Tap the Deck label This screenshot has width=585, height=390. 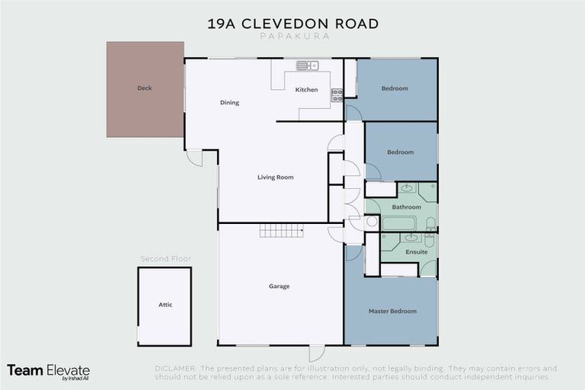[145, 88]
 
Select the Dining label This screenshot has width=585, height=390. [229, 103]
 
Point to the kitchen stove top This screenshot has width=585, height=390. [336, 95]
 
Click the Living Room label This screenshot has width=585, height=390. [275, 177]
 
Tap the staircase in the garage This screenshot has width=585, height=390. [281, 231]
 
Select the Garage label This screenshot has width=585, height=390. [279, 286]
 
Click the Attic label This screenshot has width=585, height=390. [165, 305]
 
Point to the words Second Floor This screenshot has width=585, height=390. [165, 259]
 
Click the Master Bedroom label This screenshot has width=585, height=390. [392, 311]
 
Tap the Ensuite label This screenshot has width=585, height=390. [416, 251]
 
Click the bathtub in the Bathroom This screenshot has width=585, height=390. [398, 223]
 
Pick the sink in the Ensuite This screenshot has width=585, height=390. [411, 238]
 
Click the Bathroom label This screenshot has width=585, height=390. [406, 207]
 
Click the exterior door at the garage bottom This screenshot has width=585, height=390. [316, 353]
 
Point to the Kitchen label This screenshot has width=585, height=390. [306, 90]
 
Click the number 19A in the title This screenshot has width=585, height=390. [223, 24]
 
